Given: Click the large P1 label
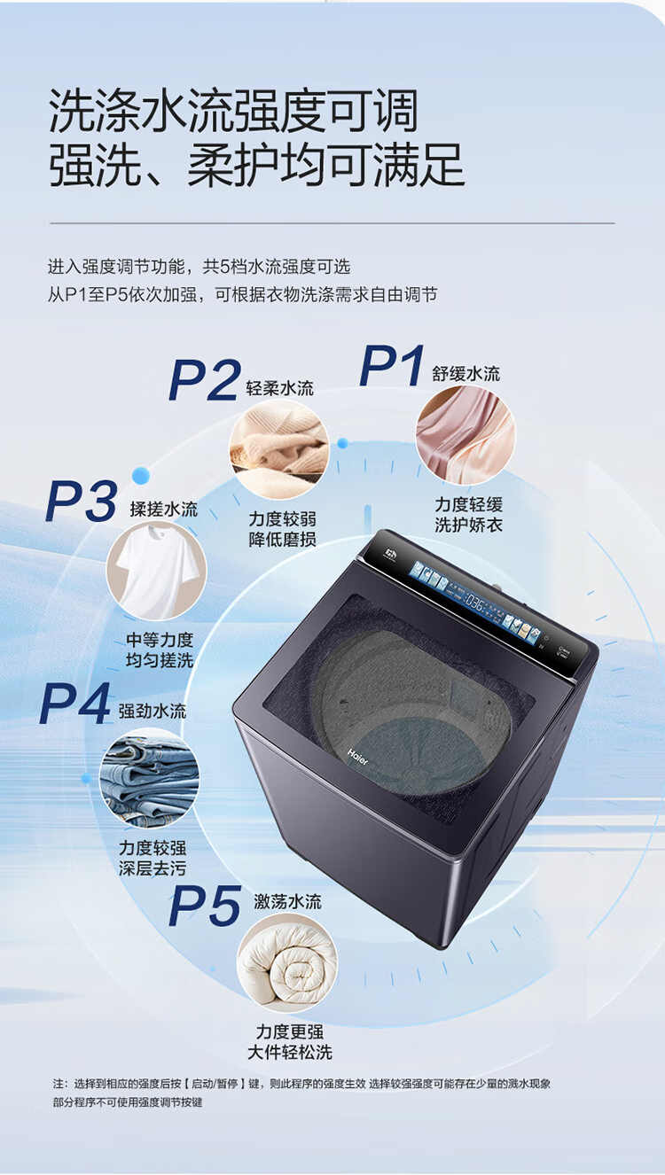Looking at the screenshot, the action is (392, 366).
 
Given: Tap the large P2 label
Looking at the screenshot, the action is (205, 380).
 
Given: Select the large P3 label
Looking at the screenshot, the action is (82, 501).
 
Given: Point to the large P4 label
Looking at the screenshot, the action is (75, 704).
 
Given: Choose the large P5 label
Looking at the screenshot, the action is (205, 906).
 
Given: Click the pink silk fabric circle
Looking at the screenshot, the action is (465, 435).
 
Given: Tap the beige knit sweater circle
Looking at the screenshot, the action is (279, 449).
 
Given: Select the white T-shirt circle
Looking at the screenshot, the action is (156, 571).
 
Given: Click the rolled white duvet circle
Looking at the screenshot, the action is (287, 963).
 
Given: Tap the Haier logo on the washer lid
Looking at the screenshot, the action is (357, 757).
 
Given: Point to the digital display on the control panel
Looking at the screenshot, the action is (474, 603).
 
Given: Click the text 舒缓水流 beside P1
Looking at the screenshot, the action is (466, 374).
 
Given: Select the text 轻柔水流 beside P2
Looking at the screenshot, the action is (280, 388).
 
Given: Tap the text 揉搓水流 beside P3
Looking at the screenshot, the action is (164, 509).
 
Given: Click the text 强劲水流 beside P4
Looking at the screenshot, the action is (153, 712).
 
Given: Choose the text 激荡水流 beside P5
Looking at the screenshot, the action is (287, 902).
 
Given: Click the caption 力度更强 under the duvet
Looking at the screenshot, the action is (290, 1031).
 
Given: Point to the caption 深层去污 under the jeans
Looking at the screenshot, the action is (153, 868).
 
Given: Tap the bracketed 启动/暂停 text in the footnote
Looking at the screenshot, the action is (215, 1084).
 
